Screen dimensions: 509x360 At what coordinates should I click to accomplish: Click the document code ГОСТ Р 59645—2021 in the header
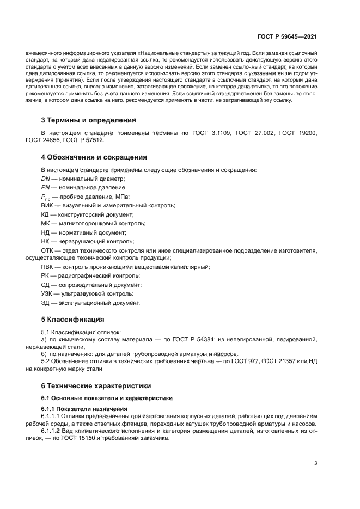[x=288, y=37]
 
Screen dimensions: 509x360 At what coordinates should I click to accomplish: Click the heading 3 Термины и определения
[x=88, y=120]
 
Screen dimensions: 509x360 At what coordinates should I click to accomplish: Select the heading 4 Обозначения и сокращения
[x=94, y=157]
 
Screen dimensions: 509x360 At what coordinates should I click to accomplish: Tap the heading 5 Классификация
[x=72, y=319]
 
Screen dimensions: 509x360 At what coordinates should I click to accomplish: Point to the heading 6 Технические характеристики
[x=96, y=386]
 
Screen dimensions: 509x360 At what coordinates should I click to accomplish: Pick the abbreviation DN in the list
[x=46, y=179]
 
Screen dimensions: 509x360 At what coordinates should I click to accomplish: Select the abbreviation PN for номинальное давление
[x=46, y=187]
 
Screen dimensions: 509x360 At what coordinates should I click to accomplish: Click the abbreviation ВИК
[x=48, y=205]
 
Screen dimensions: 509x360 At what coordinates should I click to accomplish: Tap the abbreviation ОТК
[x=48, y=250]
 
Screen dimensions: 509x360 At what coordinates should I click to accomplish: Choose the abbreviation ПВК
[x=48, y=267]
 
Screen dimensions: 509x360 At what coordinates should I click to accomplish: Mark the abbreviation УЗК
[x=48, y=293]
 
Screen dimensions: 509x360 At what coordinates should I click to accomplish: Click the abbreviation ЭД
[x=46, y=303]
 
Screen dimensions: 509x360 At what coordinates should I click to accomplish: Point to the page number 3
[x=315, y=463]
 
